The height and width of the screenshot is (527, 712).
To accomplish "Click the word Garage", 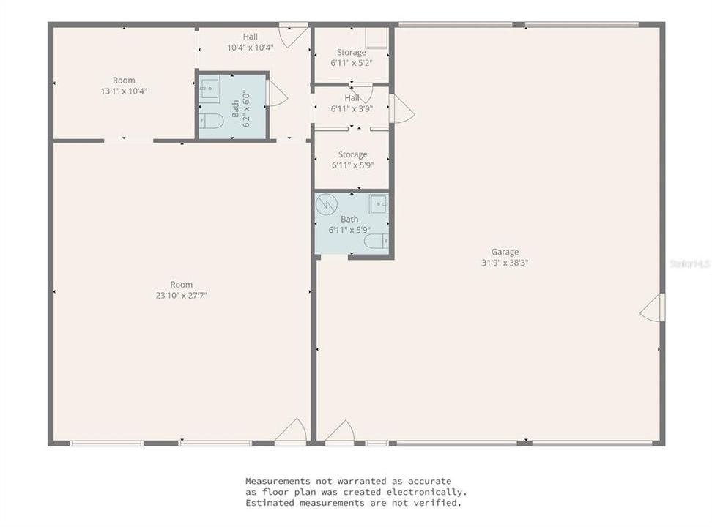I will (x=505, y=253).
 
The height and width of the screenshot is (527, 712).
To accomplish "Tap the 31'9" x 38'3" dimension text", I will (x=505, y=262).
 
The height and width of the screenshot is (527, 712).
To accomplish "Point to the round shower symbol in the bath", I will (x=326, y=204).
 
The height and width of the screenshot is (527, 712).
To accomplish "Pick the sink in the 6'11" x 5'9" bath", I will (x=379, y=203).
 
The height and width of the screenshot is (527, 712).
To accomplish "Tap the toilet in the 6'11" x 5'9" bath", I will (x=377, y=241).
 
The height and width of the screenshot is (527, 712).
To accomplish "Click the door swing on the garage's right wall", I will (x=653, y=308).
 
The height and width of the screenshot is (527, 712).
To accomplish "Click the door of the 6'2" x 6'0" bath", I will (x=277, y=94).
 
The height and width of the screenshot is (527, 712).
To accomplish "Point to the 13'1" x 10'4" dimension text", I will (x=124, y=91).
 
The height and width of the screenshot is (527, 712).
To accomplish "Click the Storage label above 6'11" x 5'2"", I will (x=352, y=53).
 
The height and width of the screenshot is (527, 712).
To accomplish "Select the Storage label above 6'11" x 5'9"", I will (x=352, y=155).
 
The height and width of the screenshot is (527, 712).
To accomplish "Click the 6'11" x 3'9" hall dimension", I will (x=352, y=108).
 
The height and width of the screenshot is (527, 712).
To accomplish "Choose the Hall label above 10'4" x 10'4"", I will (x=251, y=37).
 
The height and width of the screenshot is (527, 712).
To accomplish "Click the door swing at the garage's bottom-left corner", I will (x=340, y=432).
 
